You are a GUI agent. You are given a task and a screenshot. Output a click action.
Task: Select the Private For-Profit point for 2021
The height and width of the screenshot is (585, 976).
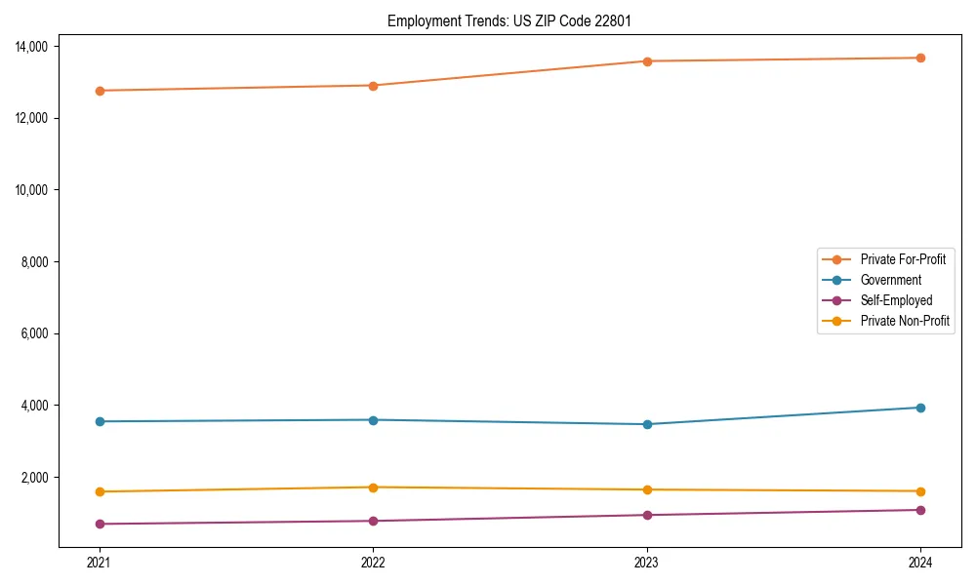click(x=99, y=91)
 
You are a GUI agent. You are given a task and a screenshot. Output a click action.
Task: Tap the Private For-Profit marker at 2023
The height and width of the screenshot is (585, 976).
click(x=647, y=61)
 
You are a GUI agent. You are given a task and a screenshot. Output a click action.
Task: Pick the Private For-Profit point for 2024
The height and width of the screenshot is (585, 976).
click(x=920, y=58)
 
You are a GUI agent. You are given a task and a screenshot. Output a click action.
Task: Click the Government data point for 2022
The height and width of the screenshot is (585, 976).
click(x=373, y=420)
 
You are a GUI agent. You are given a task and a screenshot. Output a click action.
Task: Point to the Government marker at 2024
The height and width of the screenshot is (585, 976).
click(x=920, y=408)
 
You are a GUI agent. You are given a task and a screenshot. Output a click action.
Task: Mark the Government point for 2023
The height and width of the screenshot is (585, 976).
click(x=647, y=424)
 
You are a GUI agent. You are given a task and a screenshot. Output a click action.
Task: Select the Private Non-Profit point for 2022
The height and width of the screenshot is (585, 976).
click(x=373, y=487)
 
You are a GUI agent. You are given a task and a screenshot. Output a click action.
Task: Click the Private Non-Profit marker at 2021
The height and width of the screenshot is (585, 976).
click(x=99, y=491)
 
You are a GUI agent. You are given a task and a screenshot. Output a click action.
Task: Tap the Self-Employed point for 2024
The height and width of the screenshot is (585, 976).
click(x=920, y=510)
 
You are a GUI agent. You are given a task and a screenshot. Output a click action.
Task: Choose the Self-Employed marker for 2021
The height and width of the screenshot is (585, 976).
click(x=99, y=524)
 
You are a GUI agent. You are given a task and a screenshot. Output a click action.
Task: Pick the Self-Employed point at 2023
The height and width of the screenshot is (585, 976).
click(x=647, y=515)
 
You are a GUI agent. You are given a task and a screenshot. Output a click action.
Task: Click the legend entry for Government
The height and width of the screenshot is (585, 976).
click(x=890, y=280)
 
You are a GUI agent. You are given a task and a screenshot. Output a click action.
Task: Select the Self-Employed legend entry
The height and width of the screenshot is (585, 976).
click(x=896, y=300)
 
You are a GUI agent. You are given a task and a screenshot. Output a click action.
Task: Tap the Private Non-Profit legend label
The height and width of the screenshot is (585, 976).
click(x=905, y=321)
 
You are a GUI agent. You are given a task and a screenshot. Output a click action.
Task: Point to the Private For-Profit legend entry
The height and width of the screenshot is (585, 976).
click(x=903, y=259)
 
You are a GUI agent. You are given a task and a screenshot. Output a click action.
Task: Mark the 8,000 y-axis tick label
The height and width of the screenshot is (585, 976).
click(x=41, y=262)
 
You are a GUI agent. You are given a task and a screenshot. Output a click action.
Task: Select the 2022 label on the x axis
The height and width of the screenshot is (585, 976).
click(x=373, y=562)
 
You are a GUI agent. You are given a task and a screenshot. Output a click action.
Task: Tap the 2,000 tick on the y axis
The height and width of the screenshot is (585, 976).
click(x=41, y=478)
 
